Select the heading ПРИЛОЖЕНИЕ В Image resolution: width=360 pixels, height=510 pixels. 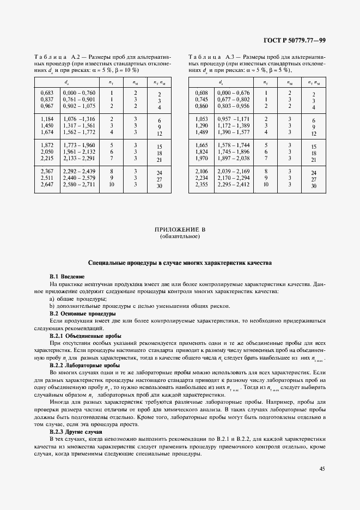[180, 229]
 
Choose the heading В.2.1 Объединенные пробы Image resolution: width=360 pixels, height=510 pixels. [85, 336]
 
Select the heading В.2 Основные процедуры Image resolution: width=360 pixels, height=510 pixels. [82, 314]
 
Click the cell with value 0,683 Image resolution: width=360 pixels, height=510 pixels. [47, 93]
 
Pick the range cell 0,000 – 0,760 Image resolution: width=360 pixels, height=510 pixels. [79, 93]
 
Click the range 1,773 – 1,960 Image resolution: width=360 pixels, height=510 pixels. [79, 145]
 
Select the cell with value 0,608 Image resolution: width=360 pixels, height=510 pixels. [202, 93]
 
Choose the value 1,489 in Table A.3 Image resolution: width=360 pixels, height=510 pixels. [202, 131]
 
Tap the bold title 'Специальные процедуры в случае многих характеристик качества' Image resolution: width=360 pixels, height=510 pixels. [180, 263]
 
